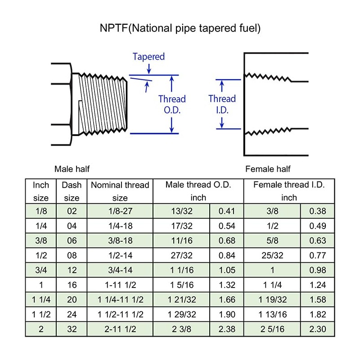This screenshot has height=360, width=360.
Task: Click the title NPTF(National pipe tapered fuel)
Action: pyautogui.click(x=180, y=28)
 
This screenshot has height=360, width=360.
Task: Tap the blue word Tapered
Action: pyautogui.click(x=148, y=57)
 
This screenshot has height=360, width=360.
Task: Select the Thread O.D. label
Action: pyautogui.click(x=172, y=104)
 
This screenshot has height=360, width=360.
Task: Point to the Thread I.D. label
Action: pyautogui.click(x=222, y=104)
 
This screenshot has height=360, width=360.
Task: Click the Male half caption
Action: pyautogui.click(x=72, y=169)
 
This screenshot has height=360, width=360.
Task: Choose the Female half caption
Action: pyautogui.click(x=268, y=169)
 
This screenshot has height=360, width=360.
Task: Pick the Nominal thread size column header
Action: pyautogui.click(x=120, y=191)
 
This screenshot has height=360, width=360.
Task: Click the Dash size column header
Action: pyautogui.click(x=72, y=191)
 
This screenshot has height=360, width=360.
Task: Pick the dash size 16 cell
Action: pyautogui.click(x=72, y=285)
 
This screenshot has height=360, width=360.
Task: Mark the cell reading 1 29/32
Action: pyautogui.click(x=181, y=315)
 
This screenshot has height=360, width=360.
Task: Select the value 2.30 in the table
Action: pyautogui.click(x=318, y=329)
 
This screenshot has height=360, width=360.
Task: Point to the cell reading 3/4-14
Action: pyautogui.click(x=120, y=270)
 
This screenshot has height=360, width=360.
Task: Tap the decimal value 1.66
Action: pyautogui.click(x=227, y=300)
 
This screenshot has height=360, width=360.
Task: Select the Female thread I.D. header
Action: pyautogui.click(x=289, y=191)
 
